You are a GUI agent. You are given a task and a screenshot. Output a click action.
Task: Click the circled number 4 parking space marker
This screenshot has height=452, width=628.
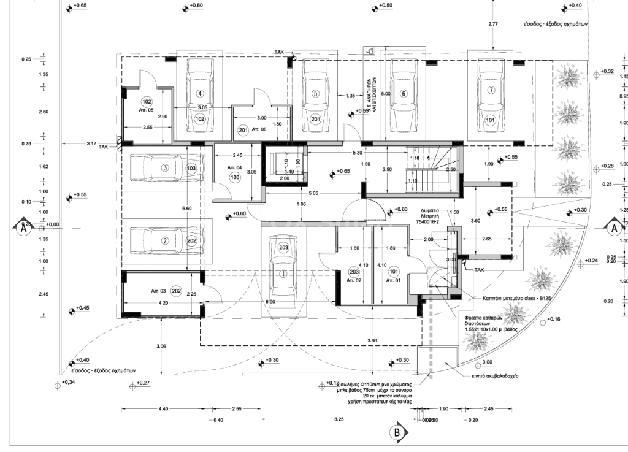[x=200, y=94]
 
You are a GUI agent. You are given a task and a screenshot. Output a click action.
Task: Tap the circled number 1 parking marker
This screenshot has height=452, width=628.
[x=283, y=274]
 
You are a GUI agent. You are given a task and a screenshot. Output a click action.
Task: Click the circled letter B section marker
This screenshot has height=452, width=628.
[x=397, y=432]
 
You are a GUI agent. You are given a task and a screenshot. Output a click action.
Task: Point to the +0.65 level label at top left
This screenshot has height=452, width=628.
[x=79, y=6]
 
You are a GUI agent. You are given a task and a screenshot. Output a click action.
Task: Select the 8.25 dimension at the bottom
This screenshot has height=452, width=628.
[x=338, y=419]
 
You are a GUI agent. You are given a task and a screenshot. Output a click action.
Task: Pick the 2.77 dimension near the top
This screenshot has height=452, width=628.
[x=492, y=24]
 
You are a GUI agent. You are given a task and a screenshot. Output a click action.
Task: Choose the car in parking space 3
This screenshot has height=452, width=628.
[x=161, y=168]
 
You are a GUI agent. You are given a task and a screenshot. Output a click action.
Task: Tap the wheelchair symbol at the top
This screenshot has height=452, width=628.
[x=369, y=53]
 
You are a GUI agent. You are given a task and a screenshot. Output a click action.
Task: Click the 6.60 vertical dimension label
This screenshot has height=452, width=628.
[x=187, y=209]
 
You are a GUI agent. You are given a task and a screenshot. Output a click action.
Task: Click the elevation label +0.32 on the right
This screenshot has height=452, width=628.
[x=607, y=72]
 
